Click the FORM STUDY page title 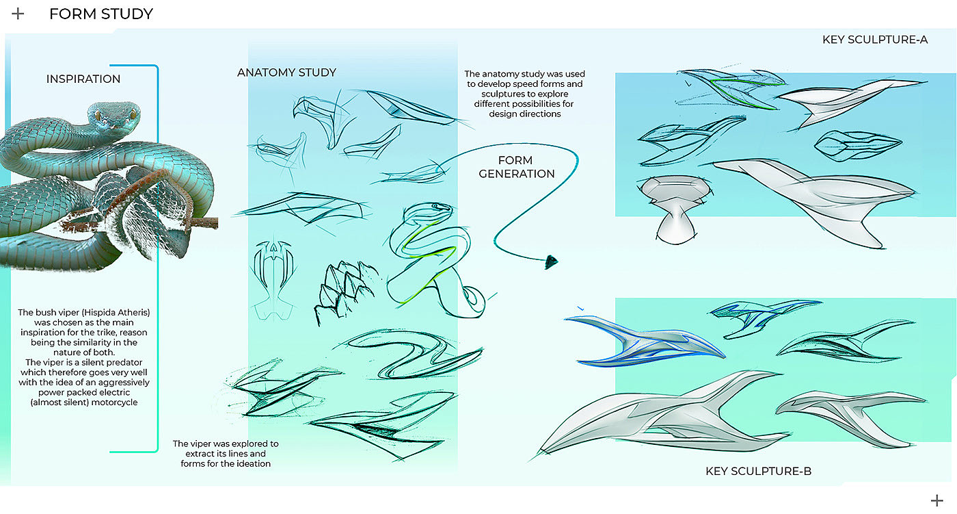coord(100,14)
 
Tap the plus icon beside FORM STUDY coord(18,14)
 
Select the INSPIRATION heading coord(83,79)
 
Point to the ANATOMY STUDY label coord(286,73)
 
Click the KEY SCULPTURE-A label coord(874,40)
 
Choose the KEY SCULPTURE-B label coord(758,472)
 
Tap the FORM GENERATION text coord(517,167)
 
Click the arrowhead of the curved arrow coord(552,261)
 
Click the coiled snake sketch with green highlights coord(431,260)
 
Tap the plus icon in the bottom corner coord(936,500)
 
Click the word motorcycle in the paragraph coord(112,402)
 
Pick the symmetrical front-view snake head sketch coord(273,277)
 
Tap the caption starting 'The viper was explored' coord(225,454)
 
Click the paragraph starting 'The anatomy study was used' coord(524,94)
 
